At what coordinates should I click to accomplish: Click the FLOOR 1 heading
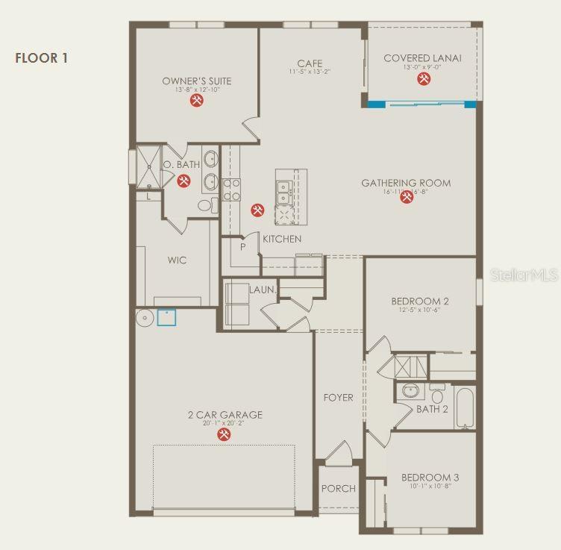coord(42,57)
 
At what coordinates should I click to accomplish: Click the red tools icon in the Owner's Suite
coord(196,101)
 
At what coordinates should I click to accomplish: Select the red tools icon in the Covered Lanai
coord(423,78)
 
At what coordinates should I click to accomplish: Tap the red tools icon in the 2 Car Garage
coord(224,434)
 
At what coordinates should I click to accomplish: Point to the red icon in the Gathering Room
coord(407,198)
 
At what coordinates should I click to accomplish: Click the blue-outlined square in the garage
coord(166,318)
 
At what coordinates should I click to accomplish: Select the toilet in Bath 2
coord(437,393)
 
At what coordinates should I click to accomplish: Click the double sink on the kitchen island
coord(284,192)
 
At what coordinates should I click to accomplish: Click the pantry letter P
coord(242,247)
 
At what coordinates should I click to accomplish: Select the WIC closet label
coord(177,260)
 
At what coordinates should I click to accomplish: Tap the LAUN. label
coord(263,290)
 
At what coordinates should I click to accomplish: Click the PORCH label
coord(338,489)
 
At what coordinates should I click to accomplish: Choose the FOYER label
coord(338,397)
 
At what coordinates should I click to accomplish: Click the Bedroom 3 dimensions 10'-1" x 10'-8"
coord(430,486)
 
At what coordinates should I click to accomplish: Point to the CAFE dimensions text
coord(310,72)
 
